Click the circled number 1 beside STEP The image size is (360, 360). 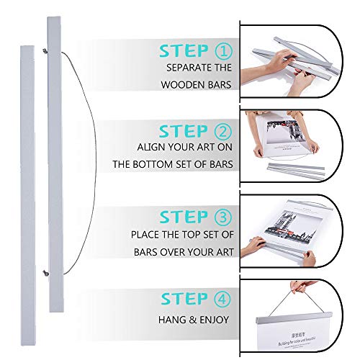tap(224, 51)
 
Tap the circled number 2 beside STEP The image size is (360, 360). tap(223, 131)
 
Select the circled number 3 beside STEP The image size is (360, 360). tap(223, 217)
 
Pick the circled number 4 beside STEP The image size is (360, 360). tap(222, 300)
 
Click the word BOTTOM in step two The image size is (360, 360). tap(153, 164)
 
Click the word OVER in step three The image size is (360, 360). tap(173, 252)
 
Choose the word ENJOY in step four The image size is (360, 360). tap(215, 320)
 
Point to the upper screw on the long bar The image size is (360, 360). tap(45, 50)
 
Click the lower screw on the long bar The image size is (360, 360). tap(45, 273)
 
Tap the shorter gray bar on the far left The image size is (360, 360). tap(27, 195)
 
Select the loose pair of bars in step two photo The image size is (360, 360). tap(296, 171)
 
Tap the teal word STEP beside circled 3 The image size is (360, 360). tap(184, 217)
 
